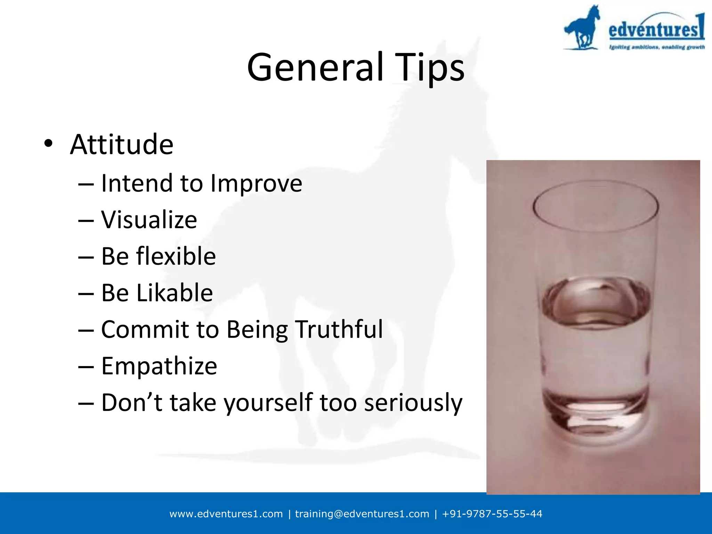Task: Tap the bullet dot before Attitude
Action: coord(48,143)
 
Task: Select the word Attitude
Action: coord(122,144)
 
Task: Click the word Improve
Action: coord(257,184)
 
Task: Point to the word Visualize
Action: coord(149,220)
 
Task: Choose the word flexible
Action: coord(176,256)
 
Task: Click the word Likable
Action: coord(175,293)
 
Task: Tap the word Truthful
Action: coord(339,329)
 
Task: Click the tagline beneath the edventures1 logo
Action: coord(656,47)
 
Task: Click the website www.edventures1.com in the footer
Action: coord(226,514)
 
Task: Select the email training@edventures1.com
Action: coord(362,514)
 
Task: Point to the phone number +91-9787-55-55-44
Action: coord(492,514)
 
